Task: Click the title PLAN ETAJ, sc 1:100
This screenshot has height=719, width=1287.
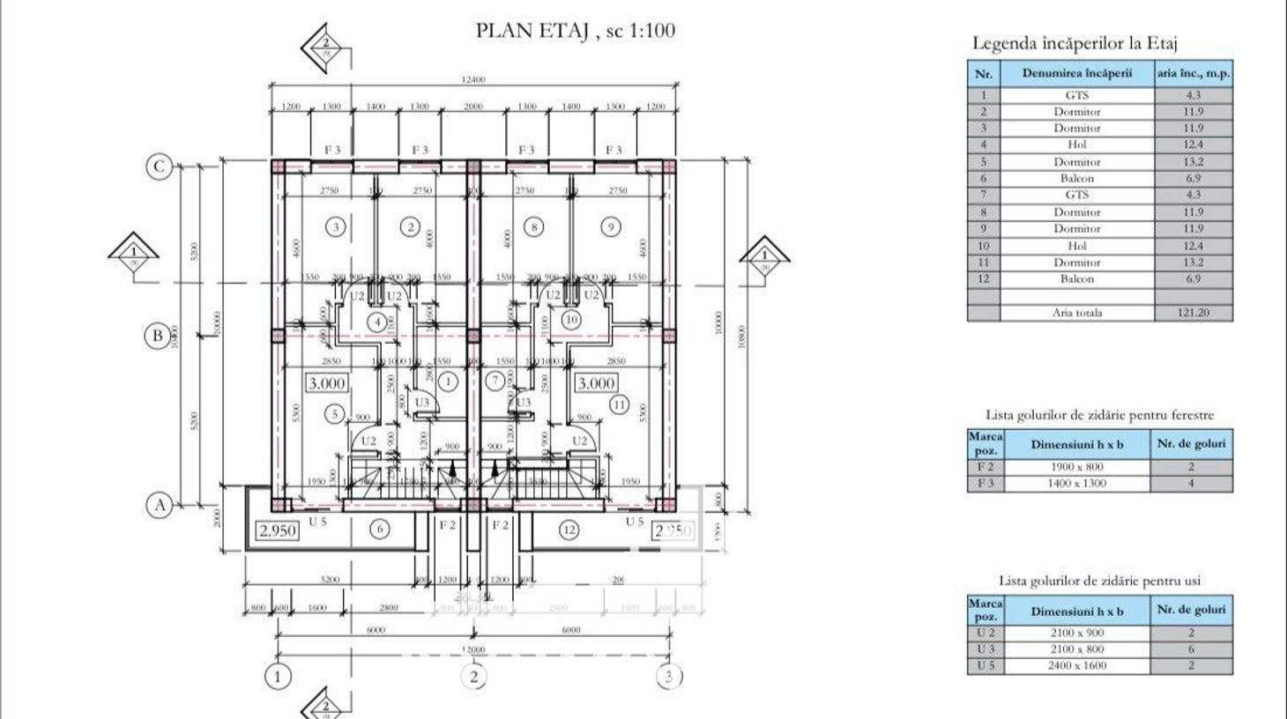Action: [x=575, y=31]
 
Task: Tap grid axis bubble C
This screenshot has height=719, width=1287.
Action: [x=159, y=167]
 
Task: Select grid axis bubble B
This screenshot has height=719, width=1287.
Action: [x=158, y=335]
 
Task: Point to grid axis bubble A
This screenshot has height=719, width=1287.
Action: [x=159, y=505]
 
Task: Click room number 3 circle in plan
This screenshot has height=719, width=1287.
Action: [x=335, y=227]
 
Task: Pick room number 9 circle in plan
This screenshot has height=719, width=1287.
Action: [x=611, y=227]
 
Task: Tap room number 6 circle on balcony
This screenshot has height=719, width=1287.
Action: [x=379, y=530]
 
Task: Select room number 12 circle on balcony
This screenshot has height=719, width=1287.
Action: [x=569, y=530]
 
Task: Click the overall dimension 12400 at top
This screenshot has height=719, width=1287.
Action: [x=473, y=80]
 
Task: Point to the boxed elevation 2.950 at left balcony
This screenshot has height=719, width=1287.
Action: [x=277, y=530]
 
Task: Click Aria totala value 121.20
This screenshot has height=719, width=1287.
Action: [x=1193, y=313]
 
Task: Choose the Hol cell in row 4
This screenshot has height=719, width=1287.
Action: [x=1076, y=145]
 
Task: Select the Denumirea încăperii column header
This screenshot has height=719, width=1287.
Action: [x=1076, y=73]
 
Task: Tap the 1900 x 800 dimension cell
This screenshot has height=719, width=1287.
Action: [x=1076, y=467]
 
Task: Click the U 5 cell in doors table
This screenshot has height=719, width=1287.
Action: [x=985, y=665]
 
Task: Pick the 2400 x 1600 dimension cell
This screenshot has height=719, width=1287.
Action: [x=1076, y=665]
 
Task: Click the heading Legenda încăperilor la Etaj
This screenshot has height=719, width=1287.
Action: [x=1075, y=43]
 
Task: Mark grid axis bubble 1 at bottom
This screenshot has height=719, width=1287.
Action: [x=278, y=677]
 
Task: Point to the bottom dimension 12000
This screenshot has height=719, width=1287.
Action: [x=473, y=650]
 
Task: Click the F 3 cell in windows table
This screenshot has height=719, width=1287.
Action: [x=985, y=484]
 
